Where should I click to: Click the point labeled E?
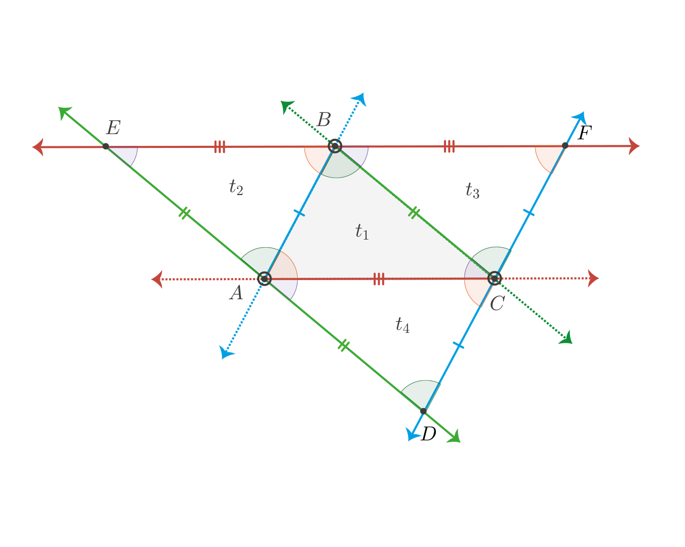click(x=106, y=146)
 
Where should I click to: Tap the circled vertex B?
click(x=335, y=146)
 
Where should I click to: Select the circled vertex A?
click(x=264, y=279)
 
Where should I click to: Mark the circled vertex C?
click(x=494, y=279)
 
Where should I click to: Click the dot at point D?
click(x=423, y=411)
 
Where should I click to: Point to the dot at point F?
click(x=565, y=145)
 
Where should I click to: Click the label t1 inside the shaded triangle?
click(x=362, y=231)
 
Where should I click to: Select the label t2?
click(x=236, y=187)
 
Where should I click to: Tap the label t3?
click(x=472, y=190)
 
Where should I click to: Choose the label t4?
click(x=402, y=325)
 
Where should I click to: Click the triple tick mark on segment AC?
click(x=379, y=279)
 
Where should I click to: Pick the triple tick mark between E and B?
click(x=220, y=147)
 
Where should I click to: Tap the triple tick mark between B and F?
click(x=449, y=146)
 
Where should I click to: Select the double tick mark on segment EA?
click(x=184, y=213)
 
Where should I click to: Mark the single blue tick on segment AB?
click(x=299, y=213)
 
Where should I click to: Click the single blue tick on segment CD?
click(x=458, y=345)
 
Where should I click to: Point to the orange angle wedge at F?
click(x=548, y=158)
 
